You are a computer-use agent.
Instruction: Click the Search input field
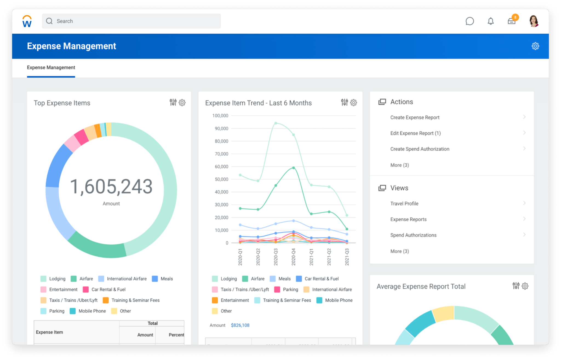tap(131, 21)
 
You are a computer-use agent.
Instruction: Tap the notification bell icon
tap(491, 21)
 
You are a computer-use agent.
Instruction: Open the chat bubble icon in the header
tap(470, 21)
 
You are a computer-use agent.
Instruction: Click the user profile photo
tap(534, 21)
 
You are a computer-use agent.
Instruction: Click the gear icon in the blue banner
tap(535, 46)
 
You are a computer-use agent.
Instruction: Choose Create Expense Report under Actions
tap(415, 117)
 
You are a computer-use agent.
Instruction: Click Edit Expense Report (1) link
tap(415, 133)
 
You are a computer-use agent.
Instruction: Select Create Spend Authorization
tap(420, 149)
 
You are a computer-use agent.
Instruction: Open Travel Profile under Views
tap(404, 204)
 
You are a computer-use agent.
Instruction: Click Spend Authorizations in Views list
tap(413, 235)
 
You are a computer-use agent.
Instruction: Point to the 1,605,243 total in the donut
tap(111, 187)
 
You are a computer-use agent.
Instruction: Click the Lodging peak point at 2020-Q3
tap(276, 123)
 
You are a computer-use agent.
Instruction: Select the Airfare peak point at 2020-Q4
tap(293, 168)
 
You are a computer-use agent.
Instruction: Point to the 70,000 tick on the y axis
tap(221, 154)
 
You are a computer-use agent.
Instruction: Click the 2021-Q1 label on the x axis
tap(311, 257)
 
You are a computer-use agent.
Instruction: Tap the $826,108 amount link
tap(240, 325)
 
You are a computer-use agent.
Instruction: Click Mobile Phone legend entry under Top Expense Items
tap(92, 311)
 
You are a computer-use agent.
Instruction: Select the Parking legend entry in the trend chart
tap(290, 289)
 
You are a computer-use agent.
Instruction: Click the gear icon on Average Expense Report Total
tap(525, 286)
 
